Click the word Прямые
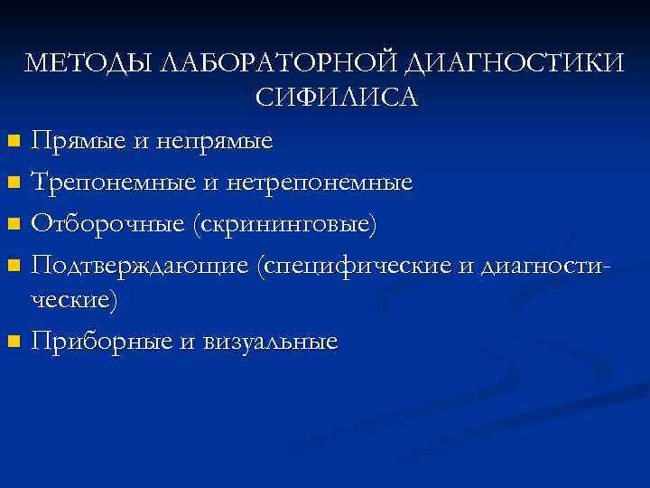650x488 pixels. (77, 141)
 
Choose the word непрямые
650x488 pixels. (215, 141)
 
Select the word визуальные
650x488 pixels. (271, 341)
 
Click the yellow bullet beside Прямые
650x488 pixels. (12, 142)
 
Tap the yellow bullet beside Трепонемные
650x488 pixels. (12, 183)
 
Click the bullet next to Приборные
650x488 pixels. (12, 342)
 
